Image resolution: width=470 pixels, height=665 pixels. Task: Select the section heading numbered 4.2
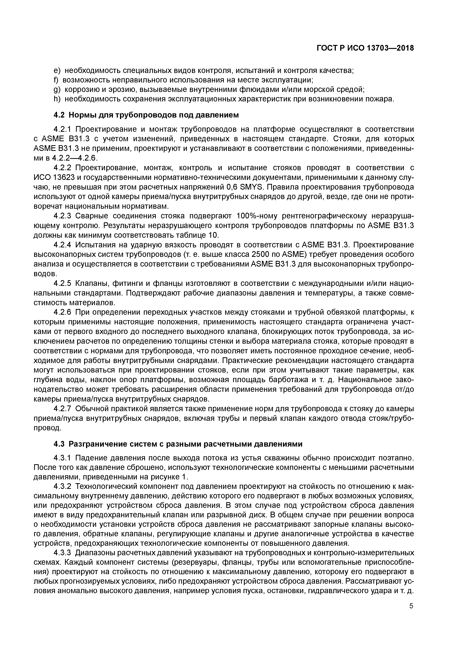point(146,115)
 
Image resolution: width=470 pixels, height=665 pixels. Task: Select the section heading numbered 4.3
point(178,444)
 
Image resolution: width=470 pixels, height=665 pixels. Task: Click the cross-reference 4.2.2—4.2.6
point(75,158)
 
